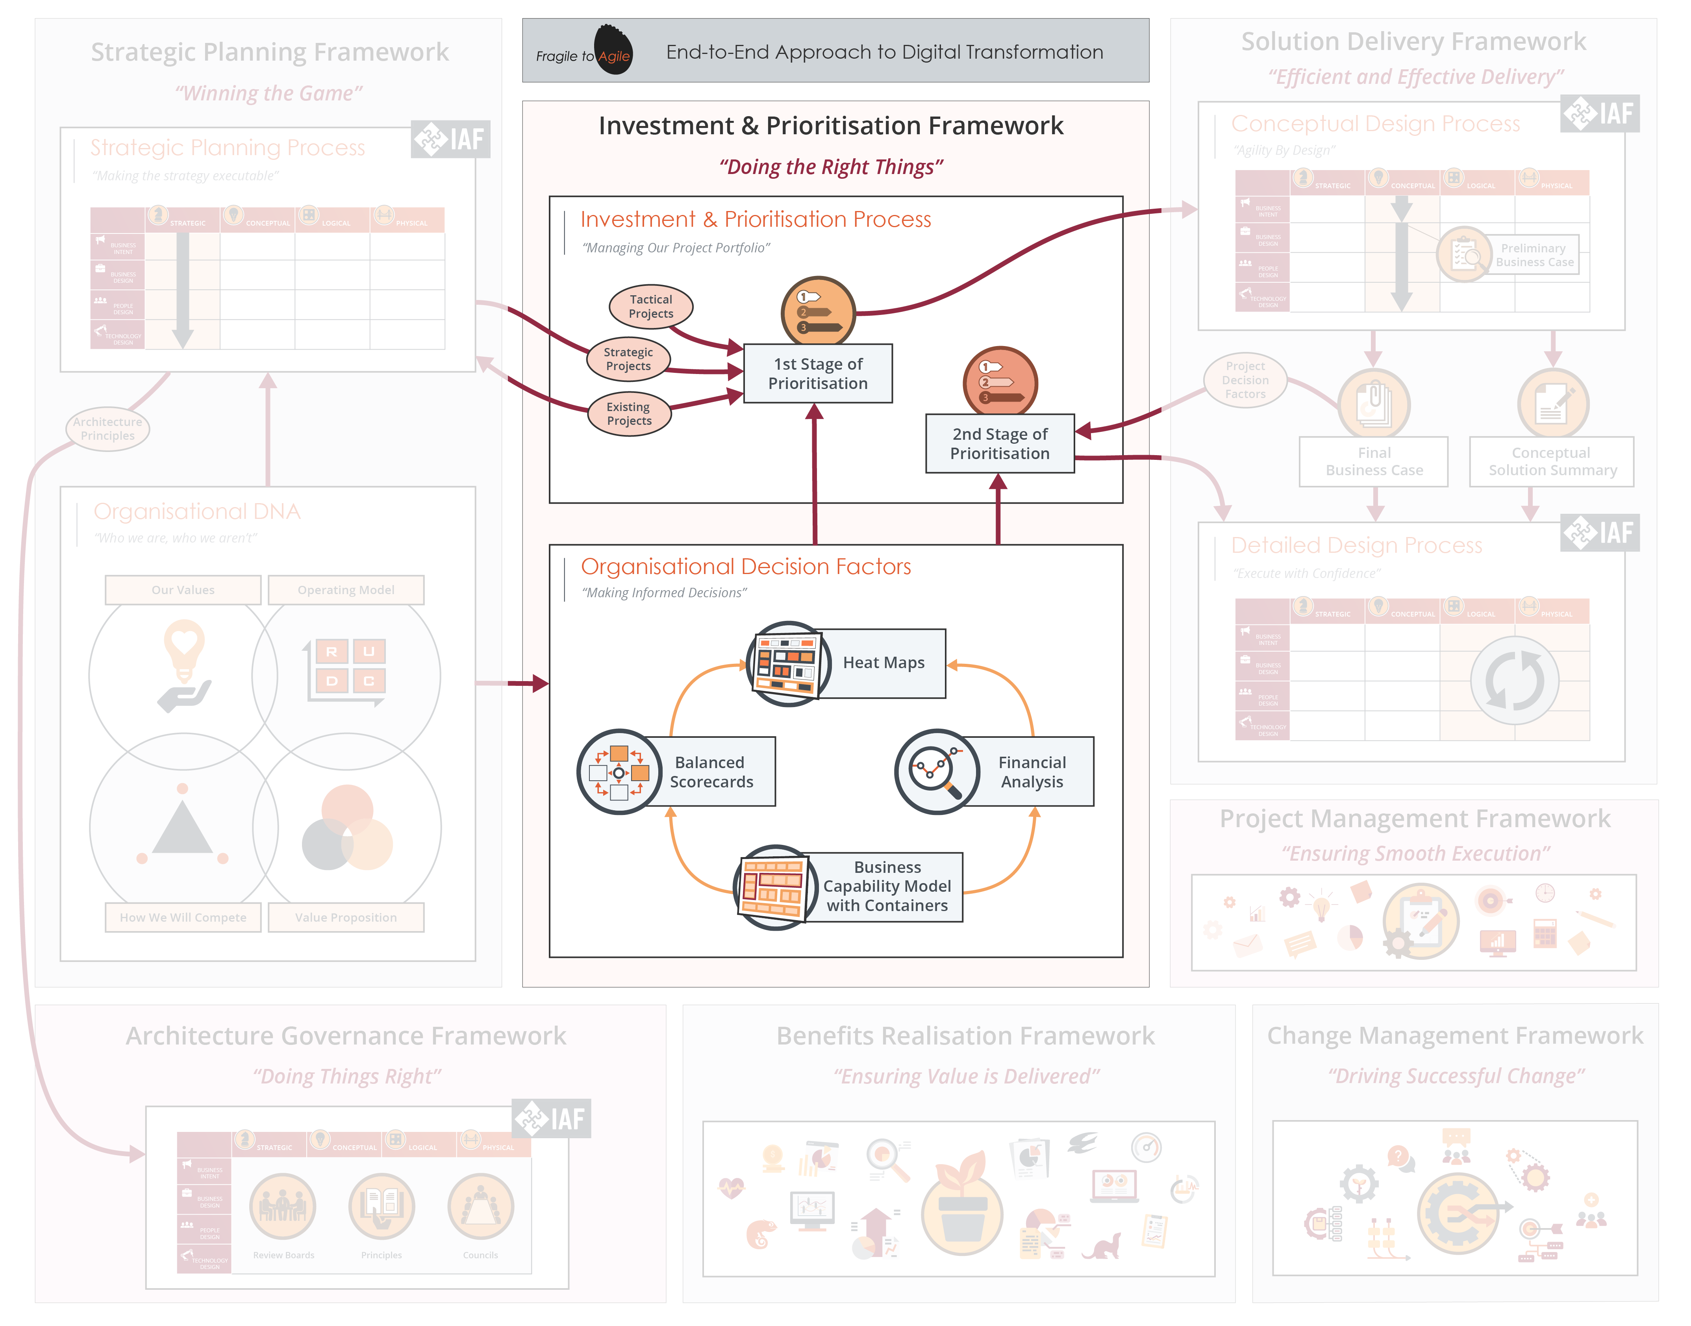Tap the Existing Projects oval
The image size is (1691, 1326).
coord(629,414)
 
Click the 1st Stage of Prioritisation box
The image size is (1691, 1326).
coord(818,373)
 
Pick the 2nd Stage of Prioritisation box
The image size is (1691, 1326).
coord(999,443)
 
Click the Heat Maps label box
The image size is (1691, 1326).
coord(883,663)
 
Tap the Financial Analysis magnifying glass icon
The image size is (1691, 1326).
coord(936,772)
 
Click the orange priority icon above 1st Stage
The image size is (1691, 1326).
coord(818,312)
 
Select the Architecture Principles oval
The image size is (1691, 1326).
coord(107,428)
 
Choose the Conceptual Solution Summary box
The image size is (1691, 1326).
coord(1551,462)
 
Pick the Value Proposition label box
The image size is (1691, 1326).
coord(346,918)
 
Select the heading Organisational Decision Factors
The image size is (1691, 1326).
coord(745,567)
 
